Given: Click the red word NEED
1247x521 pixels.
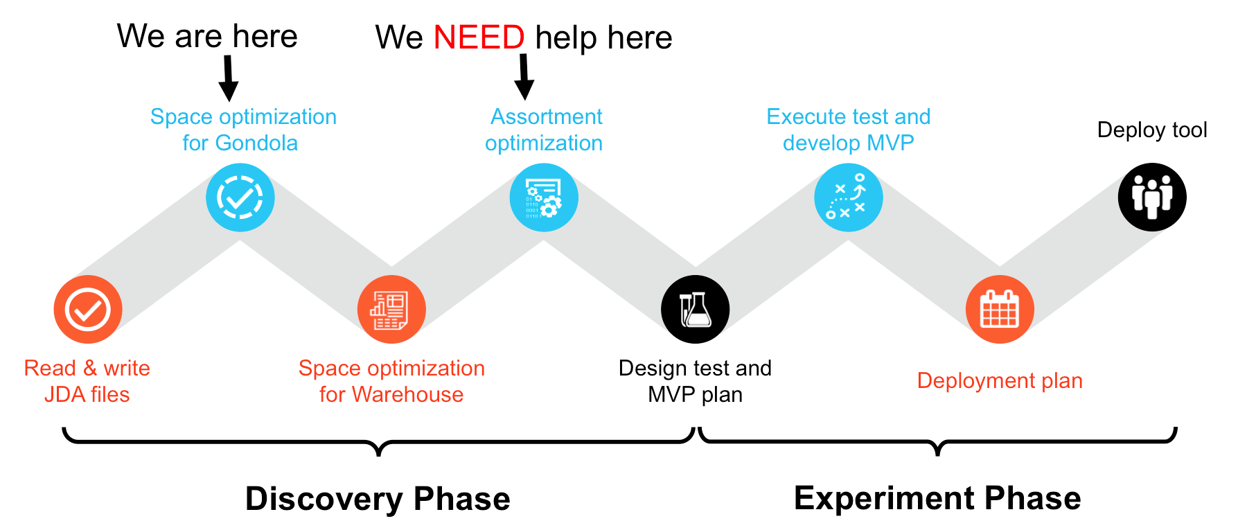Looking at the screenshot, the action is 479,37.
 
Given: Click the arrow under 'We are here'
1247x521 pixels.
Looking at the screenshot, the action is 228,78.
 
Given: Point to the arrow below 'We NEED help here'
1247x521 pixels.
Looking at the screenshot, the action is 524,77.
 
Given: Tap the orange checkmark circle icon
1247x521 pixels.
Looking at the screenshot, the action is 88,309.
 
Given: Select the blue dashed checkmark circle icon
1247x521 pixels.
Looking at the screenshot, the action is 240,197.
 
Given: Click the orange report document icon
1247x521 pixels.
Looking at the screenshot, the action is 391,309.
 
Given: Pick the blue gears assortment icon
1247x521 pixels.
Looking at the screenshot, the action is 544,197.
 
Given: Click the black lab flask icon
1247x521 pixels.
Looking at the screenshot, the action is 696,309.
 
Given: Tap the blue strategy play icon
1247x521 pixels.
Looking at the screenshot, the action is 849,197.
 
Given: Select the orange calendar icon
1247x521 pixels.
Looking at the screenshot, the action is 1000,309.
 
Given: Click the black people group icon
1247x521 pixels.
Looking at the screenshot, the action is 1152,197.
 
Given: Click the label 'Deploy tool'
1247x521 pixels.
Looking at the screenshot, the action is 1152,130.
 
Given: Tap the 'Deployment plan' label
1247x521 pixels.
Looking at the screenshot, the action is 1000,381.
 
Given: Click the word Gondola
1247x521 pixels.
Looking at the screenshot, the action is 256,143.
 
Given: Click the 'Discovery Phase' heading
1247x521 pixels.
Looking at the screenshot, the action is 378,498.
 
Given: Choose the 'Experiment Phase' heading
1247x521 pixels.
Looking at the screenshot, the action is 937,497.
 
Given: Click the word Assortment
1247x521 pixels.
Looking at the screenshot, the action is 547,116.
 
